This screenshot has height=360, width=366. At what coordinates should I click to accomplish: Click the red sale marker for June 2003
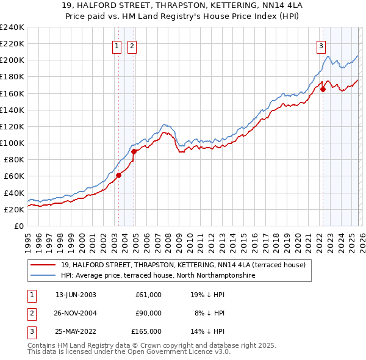click(118, 175)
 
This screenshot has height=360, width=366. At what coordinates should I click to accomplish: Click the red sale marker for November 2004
click(134, 151)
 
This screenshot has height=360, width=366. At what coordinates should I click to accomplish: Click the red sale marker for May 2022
click(323, 89)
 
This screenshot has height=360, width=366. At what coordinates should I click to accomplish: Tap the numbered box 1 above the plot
click(117, 45)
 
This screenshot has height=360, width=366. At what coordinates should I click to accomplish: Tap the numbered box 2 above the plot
click(132, 45)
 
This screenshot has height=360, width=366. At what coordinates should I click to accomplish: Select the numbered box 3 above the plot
click(321, 45)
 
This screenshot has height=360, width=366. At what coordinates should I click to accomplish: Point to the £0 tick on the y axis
click(19, 226)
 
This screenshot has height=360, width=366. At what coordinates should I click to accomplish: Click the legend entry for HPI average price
click(157, 276)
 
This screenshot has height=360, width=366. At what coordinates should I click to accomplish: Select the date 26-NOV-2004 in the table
click(76, 312)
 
